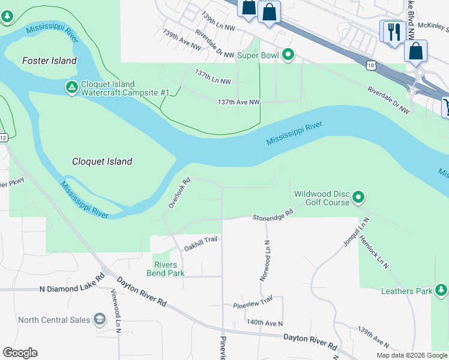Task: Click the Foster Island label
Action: [x=49, y=61]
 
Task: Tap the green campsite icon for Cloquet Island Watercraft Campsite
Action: [x=71, y=88]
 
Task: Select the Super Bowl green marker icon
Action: [x=288, y=56]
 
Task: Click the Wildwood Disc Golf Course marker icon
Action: [x=358, y=197]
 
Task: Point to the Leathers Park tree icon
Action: [x=441, y=291]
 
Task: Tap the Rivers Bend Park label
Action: [x=165, y=269]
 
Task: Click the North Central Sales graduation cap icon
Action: [x=99, y=320]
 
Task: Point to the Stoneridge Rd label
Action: [x=273, y=214]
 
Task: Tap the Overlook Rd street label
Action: [x=179, y=193]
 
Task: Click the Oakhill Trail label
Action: [x=200, y=243]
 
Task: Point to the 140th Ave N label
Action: [x=264, y=323]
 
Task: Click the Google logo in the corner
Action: [x=20, y=352]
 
